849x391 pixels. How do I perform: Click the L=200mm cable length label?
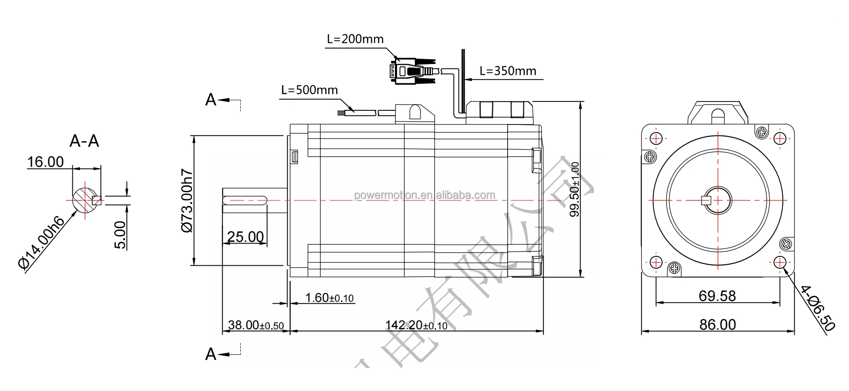[x=355, y=39]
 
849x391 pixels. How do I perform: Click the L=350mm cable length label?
[x=508, y=71]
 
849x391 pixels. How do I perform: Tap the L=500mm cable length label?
[x=309, y=90]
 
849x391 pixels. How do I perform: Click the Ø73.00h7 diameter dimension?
[x=187, y=201]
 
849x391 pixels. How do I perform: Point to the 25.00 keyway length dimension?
[x=245, y=237]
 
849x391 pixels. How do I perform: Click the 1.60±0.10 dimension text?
[x=330, y=298]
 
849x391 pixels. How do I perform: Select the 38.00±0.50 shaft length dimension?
[x=256, y=326]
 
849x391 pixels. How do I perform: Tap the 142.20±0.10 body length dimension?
[x=416, y=326]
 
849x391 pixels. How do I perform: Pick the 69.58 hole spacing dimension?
[x=717, y=296]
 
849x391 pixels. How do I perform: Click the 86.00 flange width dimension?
[x=717, y=325]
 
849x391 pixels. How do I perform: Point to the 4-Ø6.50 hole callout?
[x=818, y=308]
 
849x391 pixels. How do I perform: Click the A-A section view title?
[x=84, y=141]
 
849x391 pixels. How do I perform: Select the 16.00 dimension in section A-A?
[x=45, y=162]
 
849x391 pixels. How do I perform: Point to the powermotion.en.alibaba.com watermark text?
[x=424, y=195]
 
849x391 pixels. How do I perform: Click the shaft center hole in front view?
[x=718, y=200]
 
